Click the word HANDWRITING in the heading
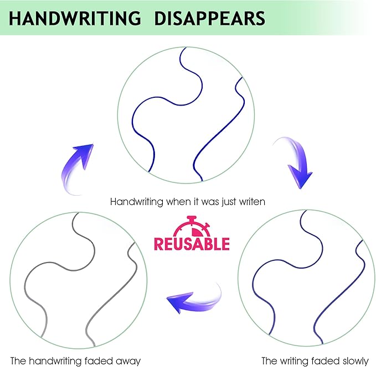point(75,18)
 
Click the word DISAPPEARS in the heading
point(210,18)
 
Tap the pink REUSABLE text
point(192,244)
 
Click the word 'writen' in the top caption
point(253,202)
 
